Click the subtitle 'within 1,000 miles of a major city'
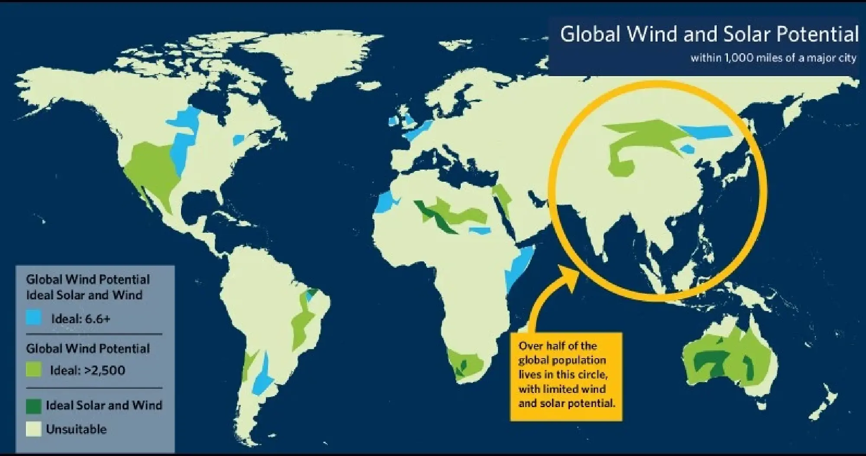[x=773, y=58]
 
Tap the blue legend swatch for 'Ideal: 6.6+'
[x=34, y=318]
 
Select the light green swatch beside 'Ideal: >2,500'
[x=34, y=370]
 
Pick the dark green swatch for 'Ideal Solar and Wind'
[x=34, y=405]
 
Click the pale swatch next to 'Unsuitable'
[x=34, y=429]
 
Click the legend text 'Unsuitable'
[x=76, y=429]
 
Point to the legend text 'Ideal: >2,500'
[x=87, y=370]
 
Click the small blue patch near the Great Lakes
[x=239, y=140]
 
